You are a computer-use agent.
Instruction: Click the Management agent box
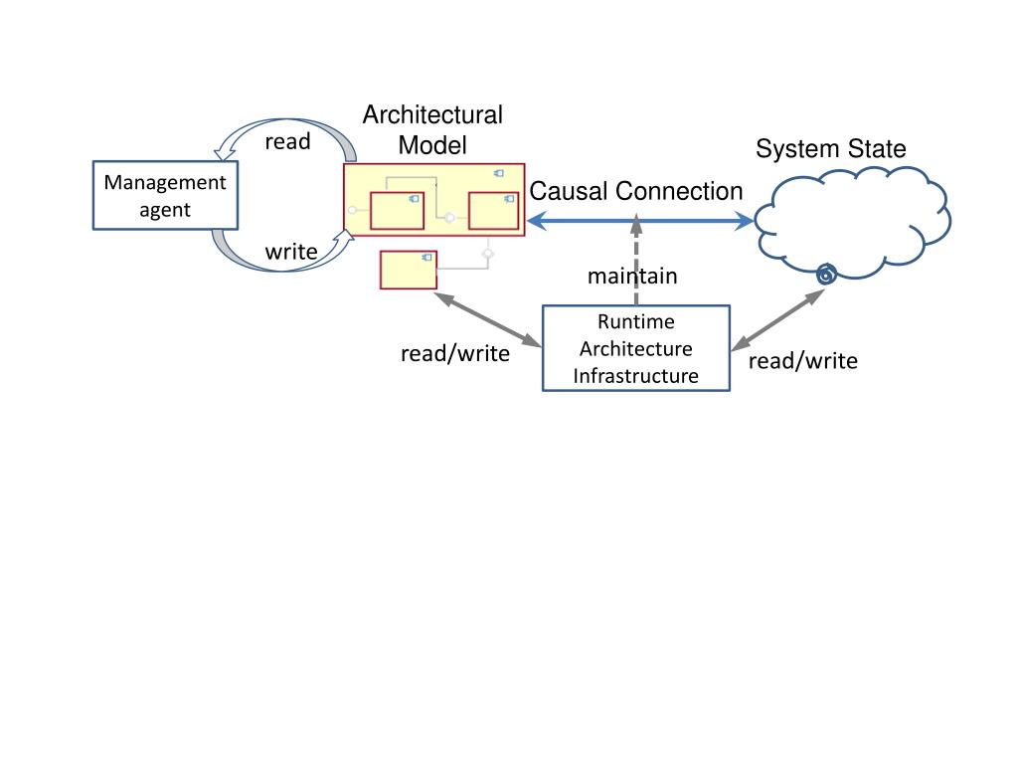(165, 195)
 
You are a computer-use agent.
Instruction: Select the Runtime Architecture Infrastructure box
(636, 348)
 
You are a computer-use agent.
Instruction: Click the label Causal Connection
(636, 191)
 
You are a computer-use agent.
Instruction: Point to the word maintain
(632, 276)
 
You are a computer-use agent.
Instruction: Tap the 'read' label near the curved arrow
(287, 141)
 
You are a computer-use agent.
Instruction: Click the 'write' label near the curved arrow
(290, 252)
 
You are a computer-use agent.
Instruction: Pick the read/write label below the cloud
(802, 360)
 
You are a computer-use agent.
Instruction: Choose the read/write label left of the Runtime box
(454, 353)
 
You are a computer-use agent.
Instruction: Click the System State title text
(830, 149)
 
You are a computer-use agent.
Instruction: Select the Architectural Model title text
(432, 129)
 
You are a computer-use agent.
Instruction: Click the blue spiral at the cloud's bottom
(824, 275)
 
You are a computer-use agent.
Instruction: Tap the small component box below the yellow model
(409, 270)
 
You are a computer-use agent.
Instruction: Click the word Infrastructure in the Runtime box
(635, 376)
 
